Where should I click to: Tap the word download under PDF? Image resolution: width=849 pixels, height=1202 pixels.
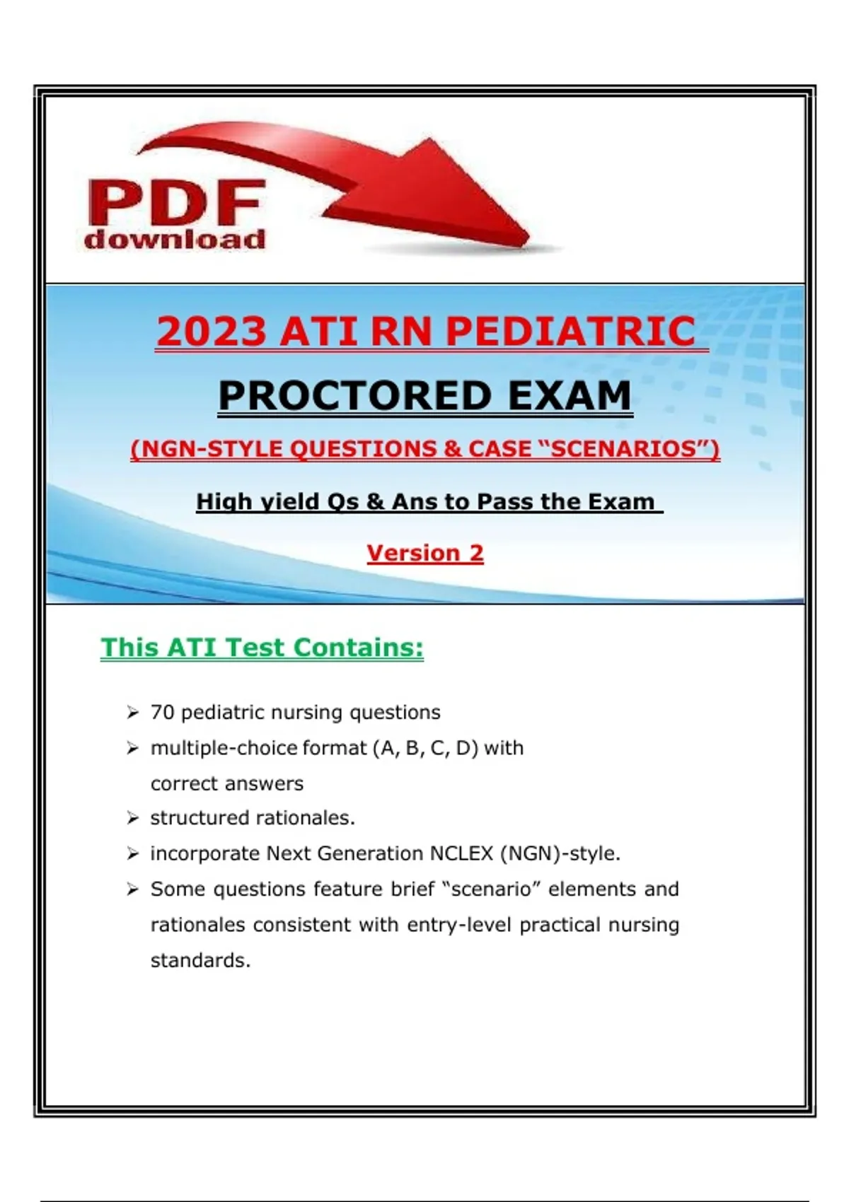175,238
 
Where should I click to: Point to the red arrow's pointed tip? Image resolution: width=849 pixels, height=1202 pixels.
529,242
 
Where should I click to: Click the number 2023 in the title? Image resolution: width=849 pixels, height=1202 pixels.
211,331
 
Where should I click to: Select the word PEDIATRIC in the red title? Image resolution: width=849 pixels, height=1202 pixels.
571,331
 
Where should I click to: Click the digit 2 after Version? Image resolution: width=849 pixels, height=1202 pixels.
476,553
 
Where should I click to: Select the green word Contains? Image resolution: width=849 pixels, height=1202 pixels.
359,647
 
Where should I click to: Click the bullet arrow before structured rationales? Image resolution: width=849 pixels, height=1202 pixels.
132,818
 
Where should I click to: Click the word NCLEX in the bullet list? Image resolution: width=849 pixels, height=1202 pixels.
461,853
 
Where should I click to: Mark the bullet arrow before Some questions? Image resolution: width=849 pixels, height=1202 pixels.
132,889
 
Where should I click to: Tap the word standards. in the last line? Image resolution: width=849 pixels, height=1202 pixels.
201,960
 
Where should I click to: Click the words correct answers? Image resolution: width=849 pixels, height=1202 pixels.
227,784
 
